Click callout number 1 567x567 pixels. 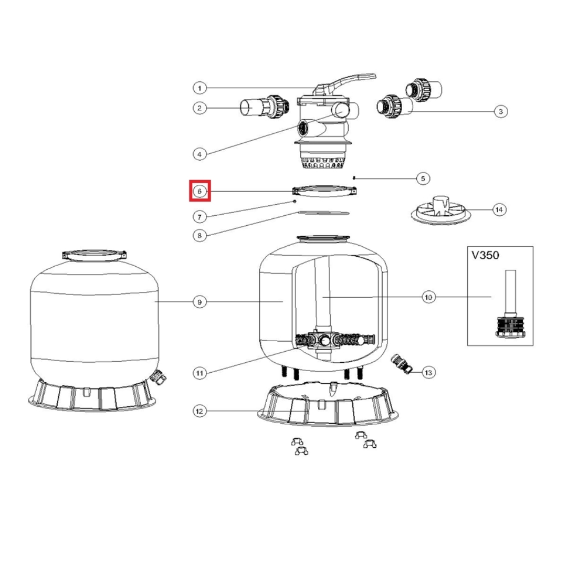coord(199,88)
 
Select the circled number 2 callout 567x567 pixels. coord(199,108)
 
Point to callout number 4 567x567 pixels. coord(199,154)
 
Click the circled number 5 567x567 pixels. coord(423,178)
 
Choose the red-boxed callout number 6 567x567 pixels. coord(199,191)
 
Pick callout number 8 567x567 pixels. coord(199,236)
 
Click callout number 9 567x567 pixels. coord(199,302)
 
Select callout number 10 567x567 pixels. coord(428,298)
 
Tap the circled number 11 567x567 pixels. coord(199,373)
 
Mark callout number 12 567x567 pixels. coord(199,412)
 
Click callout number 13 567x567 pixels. coord(428,372)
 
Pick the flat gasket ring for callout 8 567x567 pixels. coord(323,213)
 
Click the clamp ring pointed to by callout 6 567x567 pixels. coord(324,191)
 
